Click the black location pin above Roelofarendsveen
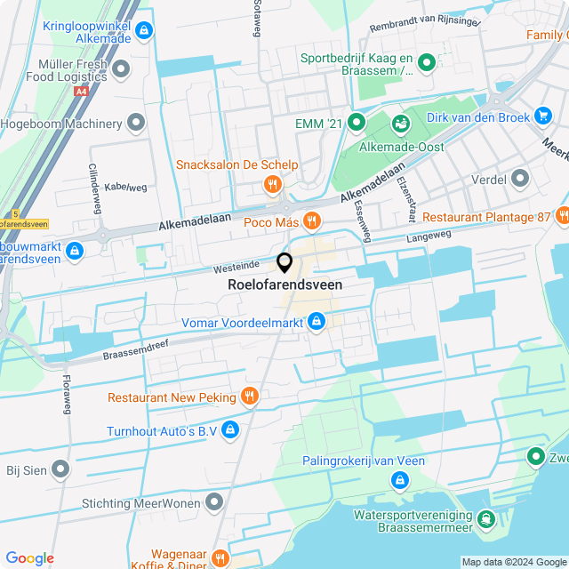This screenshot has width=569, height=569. [284, 262]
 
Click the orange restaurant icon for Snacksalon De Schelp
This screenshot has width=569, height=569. [272, 185]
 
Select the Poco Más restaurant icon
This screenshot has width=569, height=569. [310, 220]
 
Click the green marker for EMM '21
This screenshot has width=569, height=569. [357, 123]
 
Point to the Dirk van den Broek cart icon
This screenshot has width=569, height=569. [543, 116]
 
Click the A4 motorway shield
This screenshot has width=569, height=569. [81, 91]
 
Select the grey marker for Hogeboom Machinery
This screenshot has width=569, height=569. [136, 123]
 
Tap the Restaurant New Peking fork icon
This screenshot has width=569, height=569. [250, 397]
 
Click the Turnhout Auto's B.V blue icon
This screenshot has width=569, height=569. [230, 430]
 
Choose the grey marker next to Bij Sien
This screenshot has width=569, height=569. [60, 469]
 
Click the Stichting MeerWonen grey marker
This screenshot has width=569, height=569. [213, 504]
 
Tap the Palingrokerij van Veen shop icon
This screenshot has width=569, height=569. [399, 480]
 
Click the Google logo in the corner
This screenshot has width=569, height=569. [29, 558]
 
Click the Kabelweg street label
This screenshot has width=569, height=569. [125, 188]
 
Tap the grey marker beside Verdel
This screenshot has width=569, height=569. [520, 180]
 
